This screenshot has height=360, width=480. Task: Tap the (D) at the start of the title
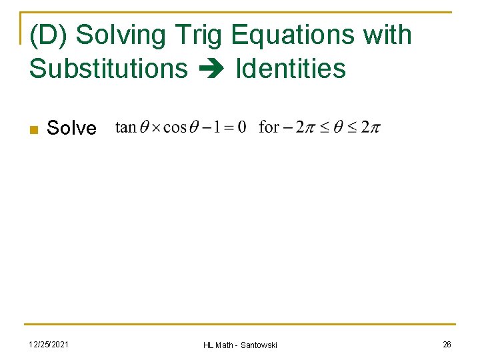pos(50,35)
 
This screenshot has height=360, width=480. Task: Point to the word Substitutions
pos(109,68)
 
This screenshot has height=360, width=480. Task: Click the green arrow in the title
pos(211,69)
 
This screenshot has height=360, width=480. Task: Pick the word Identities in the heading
pos(291,68)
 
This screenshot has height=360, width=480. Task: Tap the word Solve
pos(71,128)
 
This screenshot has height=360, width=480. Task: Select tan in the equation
pos(125,127)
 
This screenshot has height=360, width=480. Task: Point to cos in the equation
pos(175,127)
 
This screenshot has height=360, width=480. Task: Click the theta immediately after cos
pos(194,127)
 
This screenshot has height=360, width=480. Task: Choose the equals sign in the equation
pos(228,127)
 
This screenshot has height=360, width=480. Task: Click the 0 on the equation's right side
pos(241,127)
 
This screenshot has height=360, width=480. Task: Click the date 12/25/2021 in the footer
pos(47,344)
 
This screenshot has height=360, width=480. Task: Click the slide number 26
pos(447,344)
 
